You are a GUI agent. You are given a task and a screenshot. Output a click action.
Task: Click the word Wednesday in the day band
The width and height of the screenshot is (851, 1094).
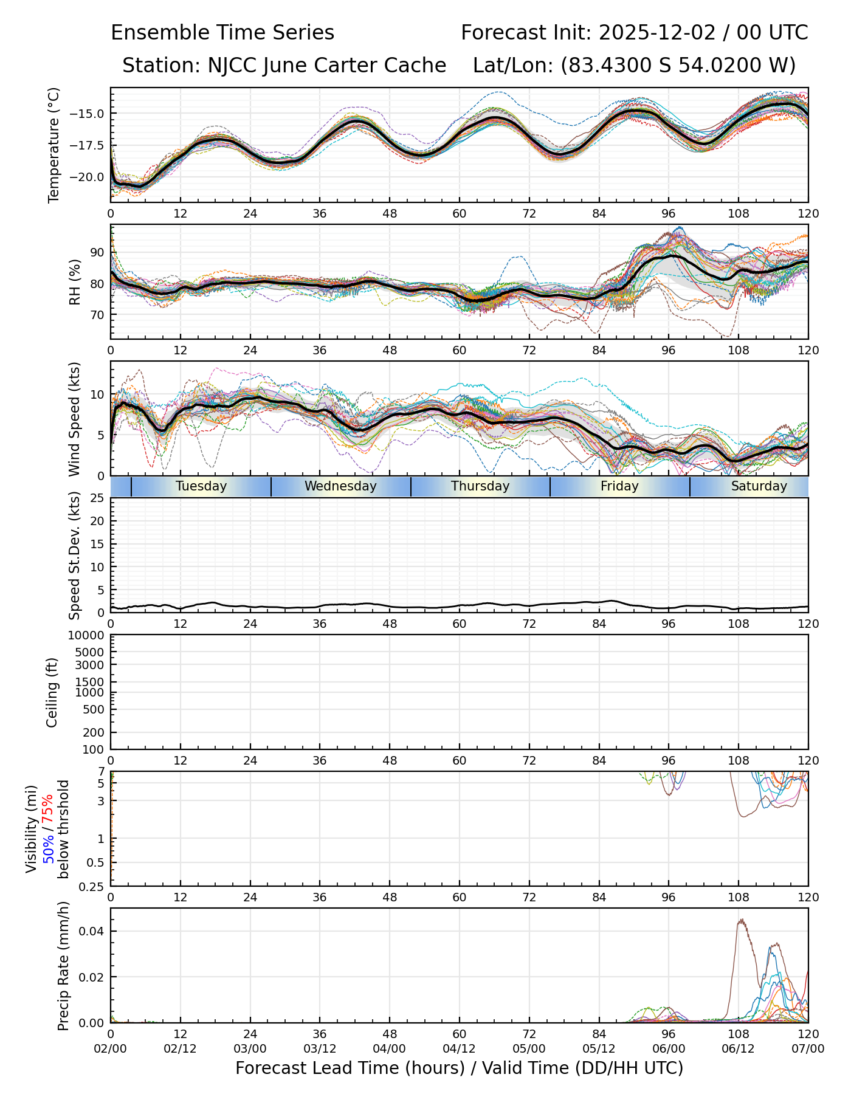[340, 486]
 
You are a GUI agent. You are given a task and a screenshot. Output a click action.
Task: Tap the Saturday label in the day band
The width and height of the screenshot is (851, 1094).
[759, 486]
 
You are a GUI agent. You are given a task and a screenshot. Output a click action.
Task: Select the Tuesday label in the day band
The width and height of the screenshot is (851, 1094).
[201, 486]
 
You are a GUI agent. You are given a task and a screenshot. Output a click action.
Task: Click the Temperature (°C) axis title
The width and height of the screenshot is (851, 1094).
[54, 145]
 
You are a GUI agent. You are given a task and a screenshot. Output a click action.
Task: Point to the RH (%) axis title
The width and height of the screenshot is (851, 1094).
[75, 281]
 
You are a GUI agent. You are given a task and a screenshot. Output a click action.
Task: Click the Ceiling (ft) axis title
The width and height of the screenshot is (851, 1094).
[52, 692]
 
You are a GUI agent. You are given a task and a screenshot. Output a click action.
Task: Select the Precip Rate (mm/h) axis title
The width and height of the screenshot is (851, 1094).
[63, 965]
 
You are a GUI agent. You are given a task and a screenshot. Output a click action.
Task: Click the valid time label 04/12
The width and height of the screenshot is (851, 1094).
[459, 1048]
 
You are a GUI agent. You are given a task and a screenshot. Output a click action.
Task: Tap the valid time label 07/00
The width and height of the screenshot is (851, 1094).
[808, 1048]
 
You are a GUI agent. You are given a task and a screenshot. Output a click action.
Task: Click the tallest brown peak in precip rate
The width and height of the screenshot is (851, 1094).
[742, 920]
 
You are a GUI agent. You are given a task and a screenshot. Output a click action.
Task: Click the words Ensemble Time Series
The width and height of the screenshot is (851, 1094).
[222, 33]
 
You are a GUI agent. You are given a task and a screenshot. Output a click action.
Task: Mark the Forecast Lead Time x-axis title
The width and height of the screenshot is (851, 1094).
[459, 1068]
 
